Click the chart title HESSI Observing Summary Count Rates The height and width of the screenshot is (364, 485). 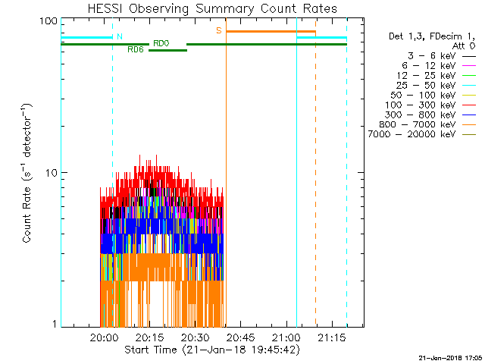tap(211, 9)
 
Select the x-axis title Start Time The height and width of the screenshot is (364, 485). tap(212, 350)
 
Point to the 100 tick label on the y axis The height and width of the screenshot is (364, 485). tap(49, 20)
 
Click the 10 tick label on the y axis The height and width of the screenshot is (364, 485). tap(52, 173)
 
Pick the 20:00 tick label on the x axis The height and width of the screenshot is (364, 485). tap(103, 337)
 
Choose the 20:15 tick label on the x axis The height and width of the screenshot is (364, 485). tap(149, 337)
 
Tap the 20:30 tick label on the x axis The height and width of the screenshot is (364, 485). tap(195, 337)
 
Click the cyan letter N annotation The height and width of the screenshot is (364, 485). tap(119, 36)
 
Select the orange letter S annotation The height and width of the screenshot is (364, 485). tap(219, 30)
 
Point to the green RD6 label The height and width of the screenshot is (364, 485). tap(136, 50)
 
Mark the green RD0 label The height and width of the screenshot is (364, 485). tap(161, 43)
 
